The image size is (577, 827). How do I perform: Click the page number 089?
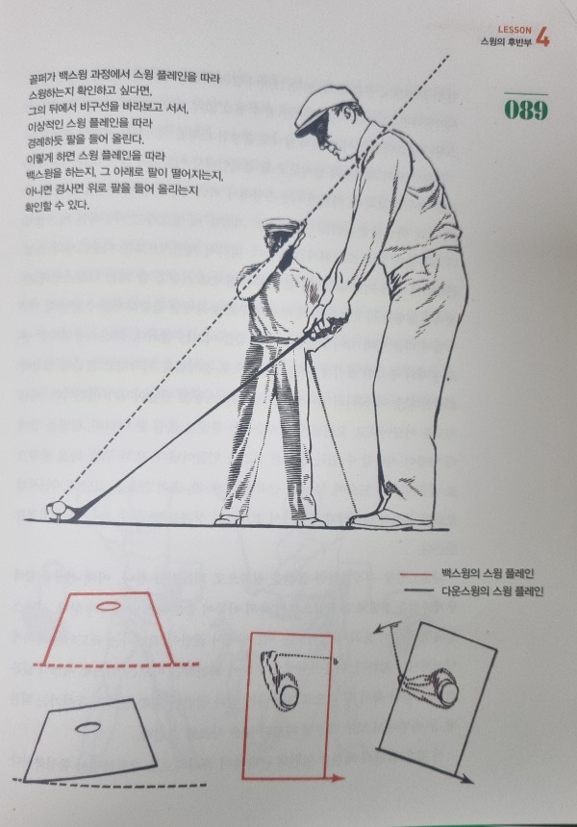(526, 110)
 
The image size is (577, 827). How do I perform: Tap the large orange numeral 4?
(542, 37)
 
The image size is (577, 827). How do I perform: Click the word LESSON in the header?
(514, 30)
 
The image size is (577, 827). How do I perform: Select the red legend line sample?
(416, 574)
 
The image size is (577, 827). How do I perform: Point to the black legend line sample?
(418, 590)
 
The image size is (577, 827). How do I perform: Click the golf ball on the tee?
(58, 508)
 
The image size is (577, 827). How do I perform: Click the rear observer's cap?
(280, 224)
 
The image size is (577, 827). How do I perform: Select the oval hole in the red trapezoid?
(108, 606)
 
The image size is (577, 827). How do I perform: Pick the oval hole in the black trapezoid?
(88, 728)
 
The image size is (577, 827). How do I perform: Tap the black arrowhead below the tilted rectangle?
(465, 779)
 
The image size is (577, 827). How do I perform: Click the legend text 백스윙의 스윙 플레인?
(488, 574)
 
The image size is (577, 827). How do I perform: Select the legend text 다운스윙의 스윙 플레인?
(492, 590)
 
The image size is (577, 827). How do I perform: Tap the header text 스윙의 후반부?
(506, 42)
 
